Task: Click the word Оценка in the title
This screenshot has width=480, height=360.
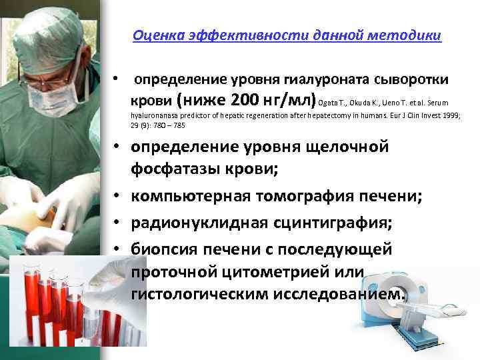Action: tap(153, 35)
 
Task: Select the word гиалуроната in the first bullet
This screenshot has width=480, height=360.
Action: tap(323, 80)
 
